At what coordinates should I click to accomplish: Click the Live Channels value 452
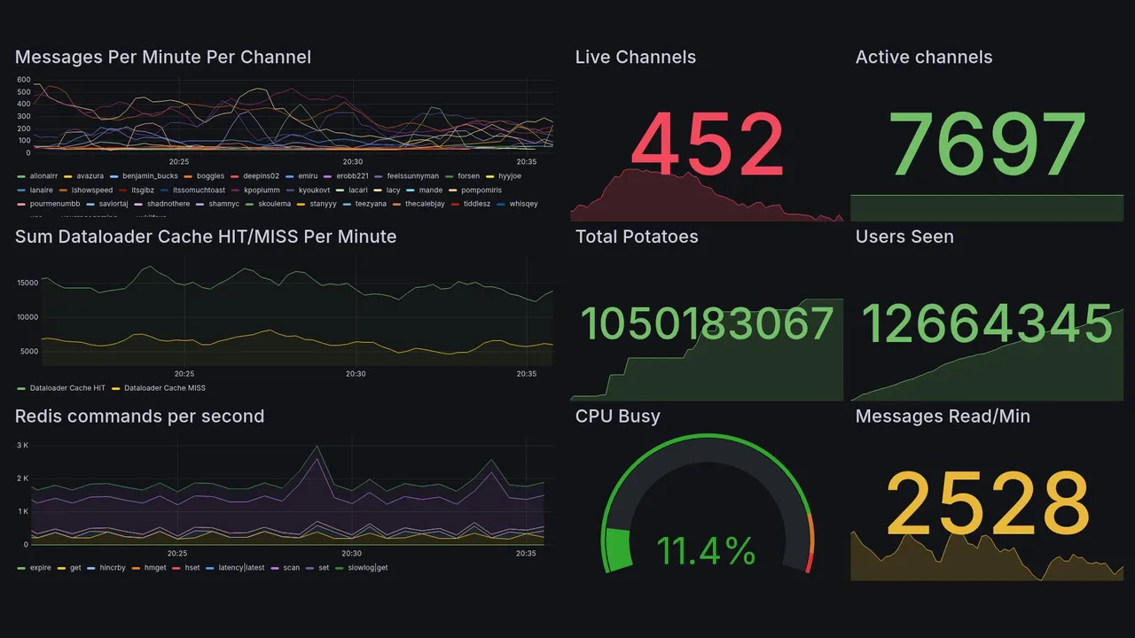pyautogui.click(x=708, y=144)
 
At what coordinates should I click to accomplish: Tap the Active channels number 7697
pyautogui.click(x=988, y=144)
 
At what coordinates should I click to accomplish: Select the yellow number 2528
pyautogui.click(x=988, y=503)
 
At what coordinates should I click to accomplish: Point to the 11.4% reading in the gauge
pyautogui.click(x=707, y=551)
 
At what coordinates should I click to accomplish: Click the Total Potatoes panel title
pyautogui.click(x=637, y=237)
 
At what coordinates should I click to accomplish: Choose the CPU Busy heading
pyautogui.click(x=617, y=416)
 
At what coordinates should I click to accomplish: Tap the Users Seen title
pyautogui.click(x=904, y=237)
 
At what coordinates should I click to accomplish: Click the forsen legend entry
pyautogui.click(x=467, y=176)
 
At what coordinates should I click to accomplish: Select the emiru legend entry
pyautogui.click(x=307, y=176)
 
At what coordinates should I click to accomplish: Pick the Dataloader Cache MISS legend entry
pyautogui.click(x=164, y=388)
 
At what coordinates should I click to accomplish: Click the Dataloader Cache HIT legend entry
pyautogui.click(x=67, y=388)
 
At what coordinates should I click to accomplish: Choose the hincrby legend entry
pyautogui.click(x=113, y=568)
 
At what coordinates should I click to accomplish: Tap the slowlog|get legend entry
pyautogui.click(x=367, y=568)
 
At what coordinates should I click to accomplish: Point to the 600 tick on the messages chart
pyautogui.click(x=24, y=80)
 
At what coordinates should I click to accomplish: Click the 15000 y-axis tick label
pyautogui.click(x=27, y=283)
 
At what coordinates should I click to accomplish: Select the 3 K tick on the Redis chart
pyautogui.click(x=23, y=445)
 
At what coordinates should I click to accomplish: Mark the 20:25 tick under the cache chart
pyautogui.click(x=184, y=374)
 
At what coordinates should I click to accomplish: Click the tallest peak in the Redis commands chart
pyautogui.click(x=317, y=447)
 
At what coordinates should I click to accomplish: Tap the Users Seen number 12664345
pyautogui.click(x=987, y=323)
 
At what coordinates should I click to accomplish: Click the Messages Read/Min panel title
pyautogui.click(x=943, y=416)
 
